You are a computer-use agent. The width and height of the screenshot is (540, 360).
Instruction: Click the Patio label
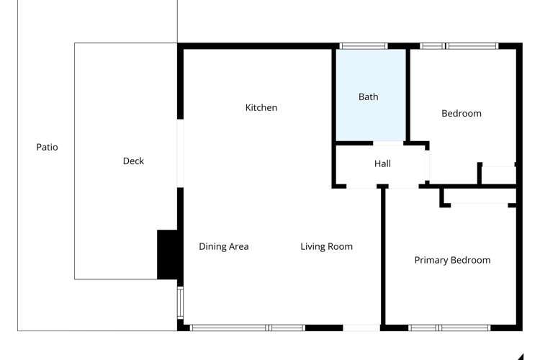[47, 147]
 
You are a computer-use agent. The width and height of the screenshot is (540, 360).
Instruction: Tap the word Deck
[133, 161]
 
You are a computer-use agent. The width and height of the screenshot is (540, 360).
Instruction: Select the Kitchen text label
[261, 108]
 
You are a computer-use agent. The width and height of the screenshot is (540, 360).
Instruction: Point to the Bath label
[368, 97]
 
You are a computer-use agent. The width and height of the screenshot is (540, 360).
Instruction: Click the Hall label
[382, 164]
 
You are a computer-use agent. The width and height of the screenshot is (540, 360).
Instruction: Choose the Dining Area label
[223, 246]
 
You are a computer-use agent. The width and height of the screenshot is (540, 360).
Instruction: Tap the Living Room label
[326, 246]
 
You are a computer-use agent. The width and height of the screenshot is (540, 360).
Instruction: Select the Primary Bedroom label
[452, 260]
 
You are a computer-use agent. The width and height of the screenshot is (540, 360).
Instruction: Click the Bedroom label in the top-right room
[461, 113]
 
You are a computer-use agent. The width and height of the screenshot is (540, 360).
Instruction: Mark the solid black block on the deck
[167, 254]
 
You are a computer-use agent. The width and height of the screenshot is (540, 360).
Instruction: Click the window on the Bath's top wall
[363, 46]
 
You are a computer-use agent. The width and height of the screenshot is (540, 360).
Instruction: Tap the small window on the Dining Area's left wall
[180, 302]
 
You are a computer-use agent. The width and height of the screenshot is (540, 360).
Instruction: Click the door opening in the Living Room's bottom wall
[361, 328]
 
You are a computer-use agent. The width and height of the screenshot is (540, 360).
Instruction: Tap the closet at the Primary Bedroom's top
[479, 197]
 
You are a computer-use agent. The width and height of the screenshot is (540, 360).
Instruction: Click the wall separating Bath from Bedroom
[408, 94]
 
